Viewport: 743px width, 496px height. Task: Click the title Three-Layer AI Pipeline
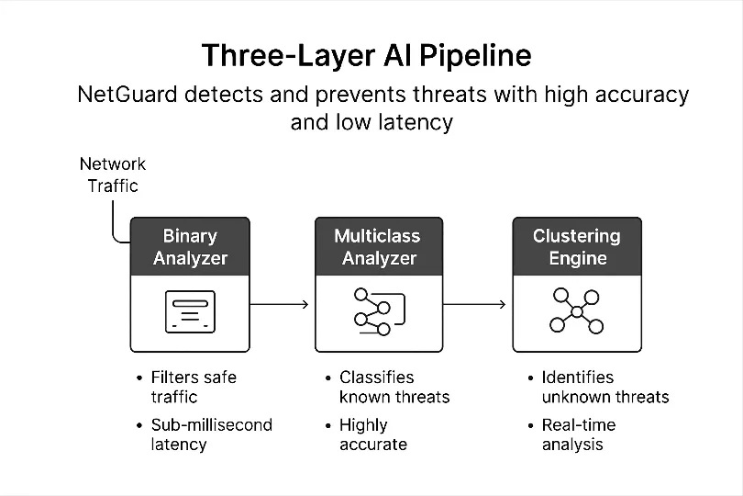366,55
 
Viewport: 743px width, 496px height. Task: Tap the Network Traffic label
113,175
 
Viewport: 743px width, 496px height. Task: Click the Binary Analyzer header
190,247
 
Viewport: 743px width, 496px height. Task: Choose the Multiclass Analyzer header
379,247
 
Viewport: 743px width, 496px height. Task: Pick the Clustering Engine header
576,247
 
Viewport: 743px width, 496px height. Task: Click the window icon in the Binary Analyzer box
190,311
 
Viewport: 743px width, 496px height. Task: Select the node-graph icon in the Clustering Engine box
575,311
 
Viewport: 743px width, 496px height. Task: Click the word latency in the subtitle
418,122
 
